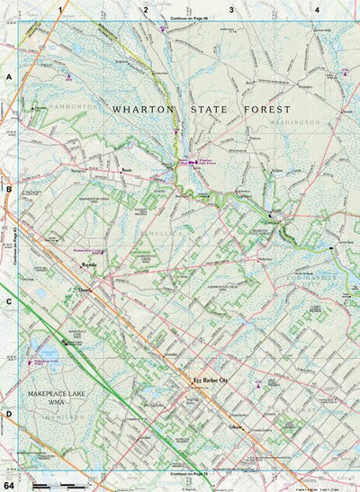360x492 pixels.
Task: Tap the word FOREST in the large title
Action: pos(269,108)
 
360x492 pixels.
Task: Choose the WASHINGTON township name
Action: pos(293,121)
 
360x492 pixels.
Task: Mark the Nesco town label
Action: pos(128,168)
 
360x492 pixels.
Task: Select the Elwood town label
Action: pos(85,291)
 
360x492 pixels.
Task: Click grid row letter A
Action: pos(8,78)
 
